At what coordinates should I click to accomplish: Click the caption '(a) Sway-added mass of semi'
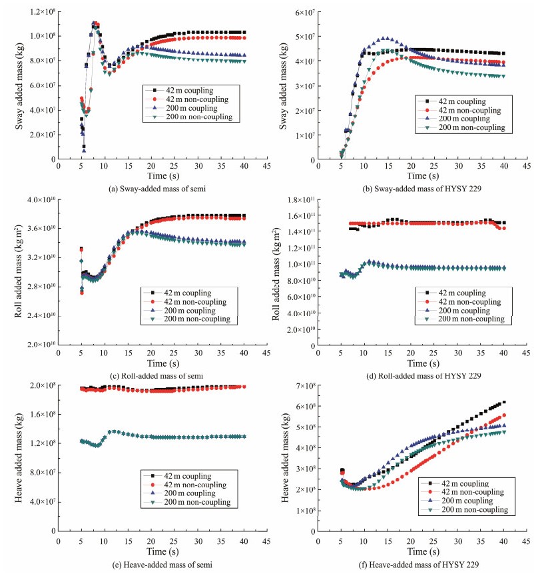[159, 189]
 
